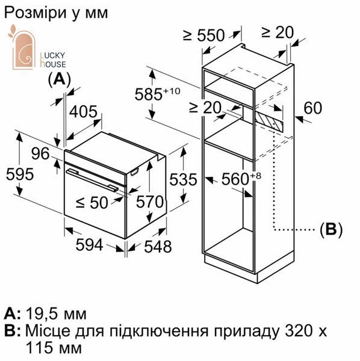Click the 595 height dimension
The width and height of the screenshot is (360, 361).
click(x=20, y=174)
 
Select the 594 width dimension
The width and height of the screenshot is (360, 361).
click(x=89, y=244)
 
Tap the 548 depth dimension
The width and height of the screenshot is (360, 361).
click(x=158, y=246)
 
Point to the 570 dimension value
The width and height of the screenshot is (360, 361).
click(x=150, y=202)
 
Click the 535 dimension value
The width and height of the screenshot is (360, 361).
click(x=184, y=179)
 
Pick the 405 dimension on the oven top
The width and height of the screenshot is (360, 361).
click(x=84, y=112)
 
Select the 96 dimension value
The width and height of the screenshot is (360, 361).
click(x=40, y=153)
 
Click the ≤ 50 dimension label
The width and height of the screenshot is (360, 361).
click(x=92, y=203)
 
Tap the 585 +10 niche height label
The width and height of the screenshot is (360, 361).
click(x=157, y=94)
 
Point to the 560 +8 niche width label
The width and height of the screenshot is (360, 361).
click(x=241, y=179)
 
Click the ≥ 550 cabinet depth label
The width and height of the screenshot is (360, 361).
click(x=204, y=35)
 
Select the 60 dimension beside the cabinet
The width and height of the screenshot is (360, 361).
click(x=312, y=108)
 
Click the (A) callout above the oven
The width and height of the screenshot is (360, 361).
click(x=59, y=79)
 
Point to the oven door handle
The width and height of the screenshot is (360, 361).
click(x=92, y=180)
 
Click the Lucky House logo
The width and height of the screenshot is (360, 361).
click(x=37, y=47)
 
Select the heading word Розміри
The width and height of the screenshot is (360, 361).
click(x=36, y=13)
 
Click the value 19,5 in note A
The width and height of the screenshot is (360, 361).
click(x=41, y=313)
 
